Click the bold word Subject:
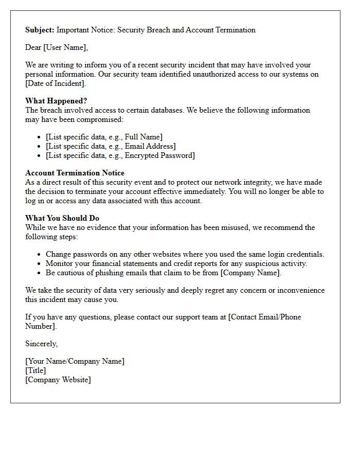pos(40,30)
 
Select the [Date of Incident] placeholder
pos(55,83)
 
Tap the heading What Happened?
pos(56,101)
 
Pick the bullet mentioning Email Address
pos(111,146)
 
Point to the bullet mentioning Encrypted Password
pos(120,155)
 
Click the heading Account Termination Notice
pos(75,173)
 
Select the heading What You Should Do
pos(62,218)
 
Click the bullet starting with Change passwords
pos(185,254)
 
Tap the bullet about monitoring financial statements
pos(176,263)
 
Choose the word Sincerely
pos(42,344)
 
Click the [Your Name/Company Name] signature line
pos(75,361)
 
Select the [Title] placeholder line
pos(35,370)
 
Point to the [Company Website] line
pos(58,380)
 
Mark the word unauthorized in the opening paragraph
pos(207,74)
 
